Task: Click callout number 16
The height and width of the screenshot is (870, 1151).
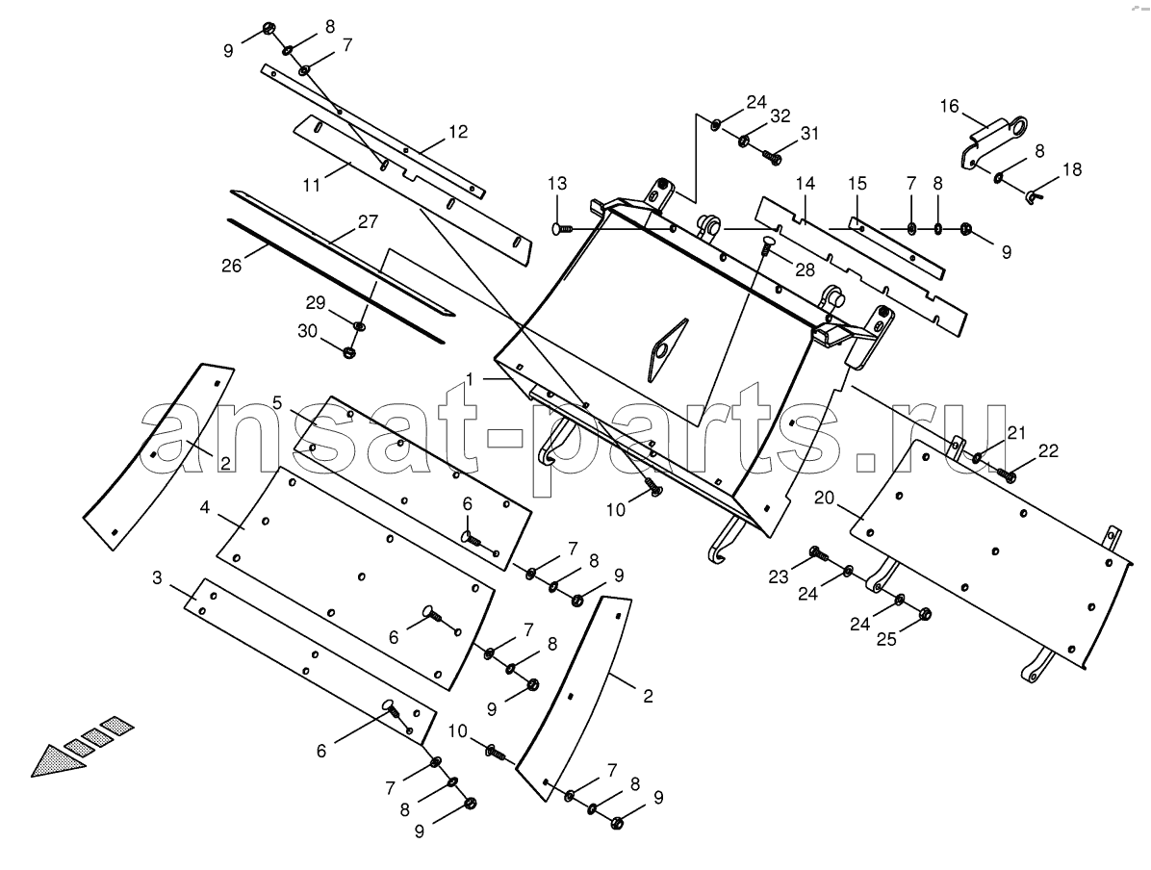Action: (949, 107)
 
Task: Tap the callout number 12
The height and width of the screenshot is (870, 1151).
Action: (458, 132)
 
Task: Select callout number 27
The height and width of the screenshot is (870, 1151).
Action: (368, 221)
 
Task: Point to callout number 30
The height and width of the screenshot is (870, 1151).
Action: (308, 331)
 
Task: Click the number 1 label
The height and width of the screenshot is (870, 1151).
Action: (470, 380)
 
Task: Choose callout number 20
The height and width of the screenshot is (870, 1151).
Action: (825, 498)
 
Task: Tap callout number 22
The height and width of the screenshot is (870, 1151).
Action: (1048, 450)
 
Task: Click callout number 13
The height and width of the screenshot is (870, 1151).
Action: (557, 183)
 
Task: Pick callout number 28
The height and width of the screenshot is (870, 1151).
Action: (806, 270)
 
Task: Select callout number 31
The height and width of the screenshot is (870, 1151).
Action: (809, 134)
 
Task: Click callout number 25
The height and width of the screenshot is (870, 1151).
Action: (886, 639)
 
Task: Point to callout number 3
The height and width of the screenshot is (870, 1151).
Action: (156, 577)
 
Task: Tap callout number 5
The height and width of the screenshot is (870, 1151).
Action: (277, 401)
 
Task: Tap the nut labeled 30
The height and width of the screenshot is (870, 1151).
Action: (349, 351)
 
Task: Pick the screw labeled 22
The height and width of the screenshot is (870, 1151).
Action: (1006, 473)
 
